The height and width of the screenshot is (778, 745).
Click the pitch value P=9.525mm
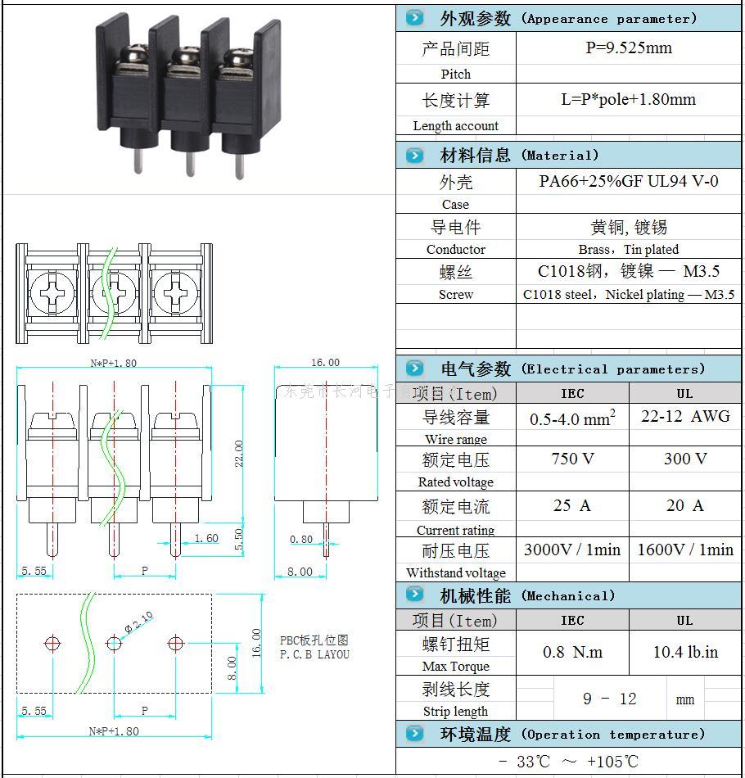click(628, 48)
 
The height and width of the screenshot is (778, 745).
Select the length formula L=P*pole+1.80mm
click(628, 100)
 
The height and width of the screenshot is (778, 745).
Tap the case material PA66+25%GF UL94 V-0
click(628, 181)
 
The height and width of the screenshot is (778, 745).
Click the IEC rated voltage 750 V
click(572, 459)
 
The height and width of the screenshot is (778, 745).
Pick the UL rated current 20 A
click(684, 505)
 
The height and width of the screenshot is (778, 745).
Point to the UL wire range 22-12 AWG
click(684, 416)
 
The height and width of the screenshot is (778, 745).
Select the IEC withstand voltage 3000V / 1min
click(572, 550)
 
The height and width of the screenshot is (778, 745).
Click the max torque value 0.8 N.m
click(572, 653)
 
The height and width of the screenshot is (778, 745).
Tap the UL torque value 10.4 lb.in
click(684, 653)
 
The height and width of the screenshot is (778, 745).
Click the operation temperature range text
click(568, 761)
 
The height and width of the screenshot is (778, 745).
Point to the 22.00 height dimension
click(239, 453)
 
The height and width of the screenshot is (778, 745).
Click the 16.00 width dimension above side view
click(325, 362)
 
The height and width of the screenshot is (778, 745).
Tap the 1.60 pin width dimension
click(206, 538)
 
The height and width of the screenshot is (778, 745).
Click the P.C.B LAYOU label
click(314, 654)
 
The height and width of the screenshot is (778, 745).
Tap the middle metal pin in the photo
click(190, 161)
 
